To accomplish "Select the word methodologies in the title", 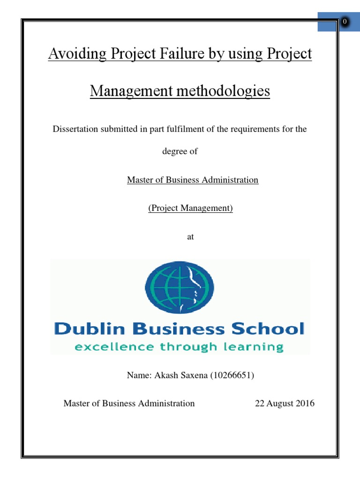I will (x=220, y=90).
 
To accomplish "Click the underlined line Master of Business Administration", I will (x=193, y=180).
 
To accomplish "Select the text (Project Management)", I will (x=190, y=208).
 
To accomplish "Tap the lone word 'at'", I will (x=190, y=237).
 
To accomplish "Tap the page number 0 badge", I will (x=345, y=22).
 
